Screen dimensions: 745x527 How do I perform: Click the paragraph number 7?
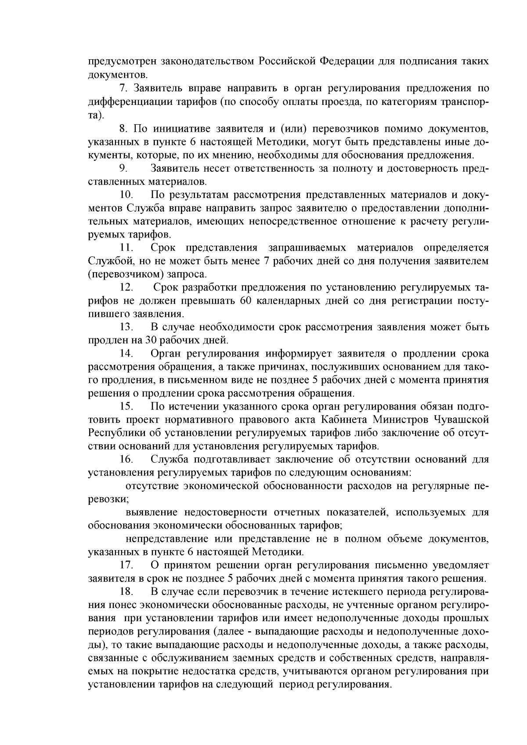point(123,89)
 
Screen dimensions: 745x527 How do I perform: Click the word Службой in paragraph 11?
point(106,261)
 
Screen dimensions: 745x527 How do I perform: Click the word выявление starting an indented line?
point(151,512)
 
